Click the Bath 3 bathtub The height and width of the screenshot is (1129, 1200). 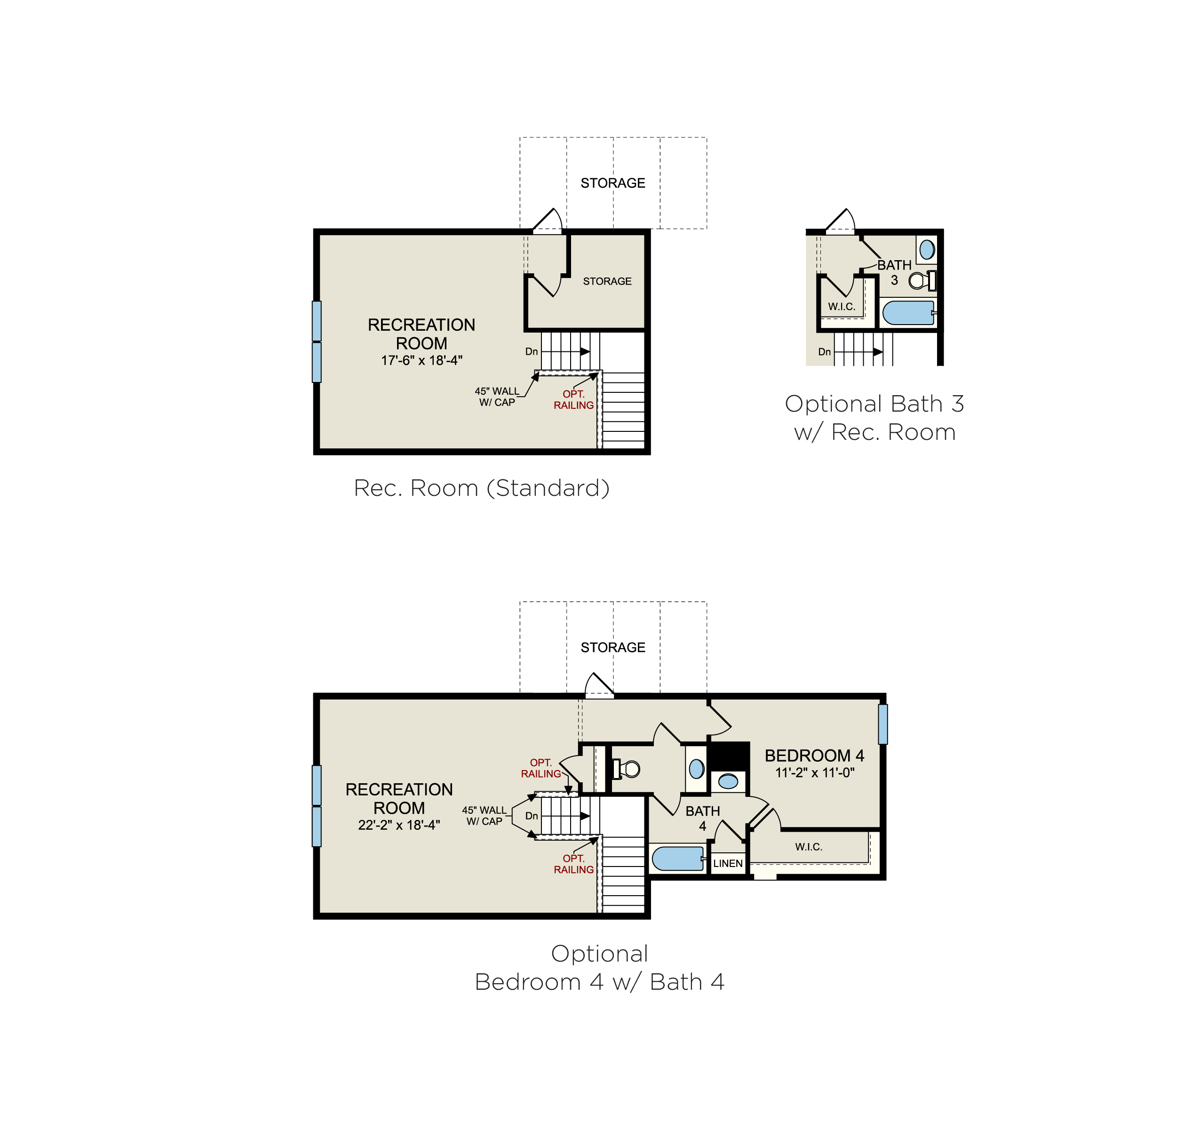[909, 313]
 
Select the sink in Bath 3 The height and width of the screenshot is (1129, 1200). [927, 249]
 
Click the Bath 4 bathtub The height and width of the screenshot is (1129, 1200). [678, 859]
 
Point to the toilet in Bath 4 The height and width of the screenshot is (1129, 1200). [626, 769]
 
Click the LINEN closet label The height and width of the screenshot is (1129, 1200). [728, 863]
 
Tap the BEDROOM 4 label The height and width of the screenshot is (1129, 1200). [814, 756]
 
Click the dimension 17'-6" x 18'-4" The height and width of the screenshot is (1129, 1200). [422, 360]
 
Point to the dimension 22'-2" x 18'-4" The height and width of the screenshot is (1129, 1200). [399, 825]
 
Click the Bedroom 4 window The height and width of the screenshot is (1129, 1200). [882, 724]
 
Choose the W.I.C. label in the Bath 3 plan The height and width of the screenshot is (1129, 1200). [842, 307]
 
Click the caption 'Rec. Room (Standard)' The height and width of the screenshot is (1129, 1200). [482, 488]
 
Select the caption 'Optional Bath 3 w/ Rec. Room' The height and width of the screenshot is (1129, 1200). [874, 418]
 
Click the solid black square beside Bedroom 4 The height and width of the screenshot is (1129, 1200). [729, 756]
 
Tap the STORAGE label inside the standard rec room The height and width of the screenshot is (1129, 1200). [607, 281]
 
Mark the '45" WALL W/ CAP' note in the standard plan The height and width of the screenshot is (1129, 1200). [497, 397]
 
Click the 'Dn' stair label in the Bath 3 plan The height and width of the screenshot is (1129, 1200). [825, 352]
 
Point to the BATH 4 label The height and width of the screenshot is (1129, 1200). [703, 819]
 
